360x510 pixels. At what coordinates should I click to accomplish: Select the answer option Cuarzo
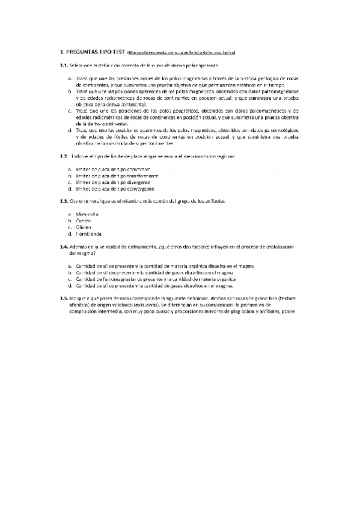pyautogui.click(x=85, y=221)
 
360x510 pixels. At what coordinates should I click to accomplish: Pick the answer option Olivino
pyautogui.click(x=85, y=227)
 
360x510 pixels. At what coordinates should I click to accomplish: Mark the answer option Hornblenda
pyautogui.click(x=89, y=233)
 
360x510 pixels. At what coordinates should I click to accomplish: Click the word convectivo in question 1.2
pyautogui.click(x=138, y=170)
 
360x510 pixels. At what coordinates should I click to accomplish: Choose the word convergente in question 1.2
pyautogui.click(x=141, y=189)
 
